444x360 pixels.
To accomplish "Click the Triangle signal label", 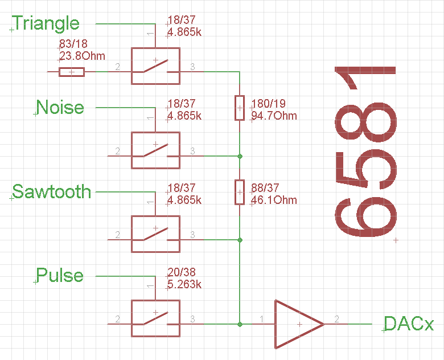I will (x=46, y=23).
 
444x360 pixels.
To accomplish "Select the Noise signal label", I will (x=60, y=107).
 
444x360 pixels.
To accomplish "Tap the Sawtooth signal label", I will (x=52, y=191).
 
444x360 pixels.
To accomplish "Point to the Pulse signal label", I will (x=60, y=276).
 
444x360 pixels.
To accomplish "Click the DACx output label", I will (x=409, y=324).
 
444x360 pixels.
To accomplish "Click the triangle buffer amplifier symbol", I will (x=297, y=324).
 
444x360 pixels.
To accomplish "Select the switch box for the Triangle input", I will (x=155, y=66).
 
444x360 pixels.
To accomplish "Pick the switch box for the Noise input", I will (x=155, y=150).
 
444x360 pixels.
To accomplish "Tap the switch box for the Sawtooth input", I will (x=155, y=234).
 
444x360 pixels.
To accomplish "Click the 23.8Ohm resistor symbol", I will (x=72, y=71).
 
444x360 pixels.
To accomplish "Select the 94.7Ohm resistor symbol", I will (x=240, y=108).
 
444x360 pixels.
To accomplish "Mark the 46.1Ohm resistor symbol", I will (x=240, y=192).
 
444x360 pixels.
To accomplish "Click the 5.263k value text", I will (x=184, y=284).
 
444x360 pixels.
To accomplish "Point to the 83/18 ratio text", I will (x=73, y=44).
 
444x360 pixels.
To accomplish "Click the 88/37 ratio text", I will (x=265, y=188).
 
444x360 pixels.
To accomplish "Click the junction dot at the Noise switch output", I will (x=240, y=156).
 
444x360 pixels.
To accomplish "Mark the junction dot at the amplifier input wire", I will (x=240, y=324).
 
